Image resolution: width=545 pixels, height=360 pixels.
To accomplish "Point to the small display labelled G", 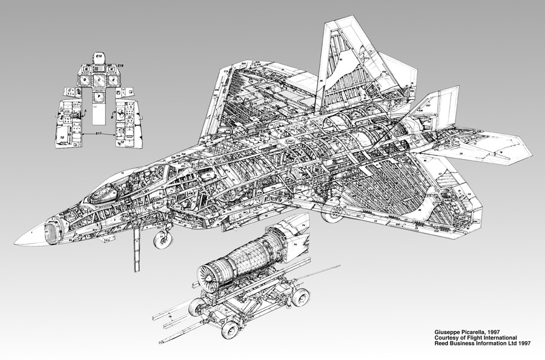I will click(x=87, y=68).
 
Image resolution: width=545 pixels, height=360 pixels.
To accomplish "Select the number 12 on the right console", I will click(x=122, y=142).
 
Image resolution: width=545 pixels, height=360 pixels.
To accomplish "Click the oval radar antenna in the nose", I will click(x=52, y=231).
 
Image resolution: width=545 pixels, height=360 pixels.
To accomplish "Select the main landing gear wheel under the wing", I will click(x=332, y=212).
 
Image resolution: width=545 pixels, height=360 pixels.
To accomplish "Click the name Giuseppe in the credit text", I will click(x=444, y=332).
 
